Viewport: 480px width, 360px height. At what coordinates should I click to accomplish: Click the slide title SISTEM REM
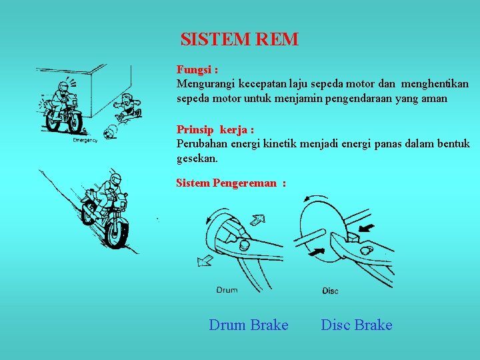click(239, 39)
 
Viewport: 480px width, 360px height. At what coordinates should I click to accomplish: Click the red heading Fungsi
click(197, 69)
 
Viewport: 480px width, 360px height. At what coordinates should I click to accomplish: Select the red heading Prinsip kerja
click(214, 129)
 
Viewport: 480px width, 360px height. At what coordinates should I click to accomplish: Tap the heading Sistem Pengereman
click(230, 183)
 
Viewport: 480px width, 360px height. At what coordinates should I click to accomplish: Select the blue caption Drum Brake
click(249, 325)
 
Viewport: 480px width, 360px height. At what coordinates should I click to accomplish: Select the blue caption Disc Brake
click(357, 325)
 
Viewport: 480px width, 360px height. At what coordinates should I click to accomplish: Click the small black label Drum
click(227, 290)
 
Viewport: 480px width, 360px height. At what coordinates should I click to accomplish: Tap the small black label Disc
click(330, 291)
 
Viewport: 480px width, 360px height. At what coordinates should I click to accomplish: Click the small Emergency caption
click(85, 140)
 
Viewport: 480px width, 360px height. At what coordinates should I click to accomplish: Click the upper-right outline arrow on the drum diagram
click(256, 219)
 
